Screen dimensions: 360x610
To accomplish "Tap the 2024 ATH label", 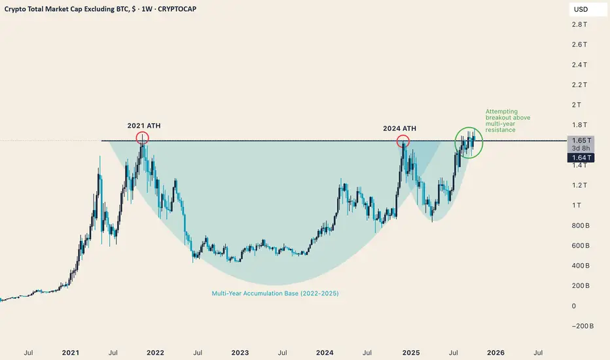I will click(399, 128).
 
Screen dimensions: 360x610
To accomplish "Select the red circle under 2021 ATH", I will click(142, 138).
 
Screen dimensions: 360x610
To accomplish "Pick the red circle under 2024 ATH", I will click(403, 141).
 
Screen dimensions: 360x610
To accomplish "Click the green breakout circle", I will click(469, 141).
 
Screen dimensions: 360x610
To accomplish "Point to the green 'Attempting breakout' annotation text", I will click(508, 121).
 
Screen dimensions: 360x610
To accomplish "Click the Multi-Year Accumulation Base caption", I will click(276, 294).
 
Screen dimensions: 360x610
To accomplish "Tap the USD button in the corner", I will click(581, 10).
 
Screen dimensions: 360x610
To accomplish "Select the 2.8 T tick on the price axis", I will click(579, 24).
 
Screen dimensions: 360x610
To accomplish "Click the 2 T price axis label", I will click(577, 105).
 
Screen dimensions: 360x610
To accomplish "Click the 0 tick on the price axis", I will click(574, 306).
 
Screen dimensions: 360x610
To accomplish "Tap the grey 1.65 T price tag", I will click(580, 140).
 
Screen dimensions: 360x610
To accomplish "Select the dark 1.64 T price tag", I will click(580, 157).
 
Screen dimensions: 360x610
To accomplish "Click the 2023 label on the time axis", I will click(240, 353).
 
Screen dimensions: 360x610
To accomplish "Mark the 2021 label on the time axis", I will click(70, 353).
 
